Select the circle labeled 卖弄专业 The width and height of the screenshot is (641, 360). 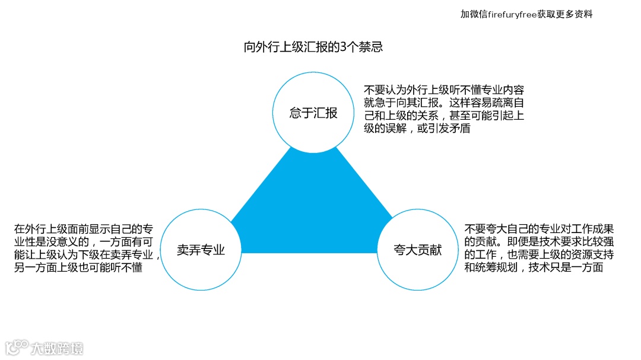(201, 250)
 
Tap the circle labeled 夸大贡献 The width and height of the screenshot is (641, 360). (418, 250)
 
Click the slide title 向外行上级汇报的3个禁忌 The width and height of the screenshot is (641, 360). (313, 47)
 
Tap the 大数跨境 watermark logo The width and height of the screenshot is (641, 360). (45, 347)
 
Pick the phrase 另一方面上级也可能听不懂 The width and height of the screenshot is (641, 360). (78, 267)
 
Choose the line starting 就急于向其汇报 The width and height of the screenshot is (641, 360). (444, 103)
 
